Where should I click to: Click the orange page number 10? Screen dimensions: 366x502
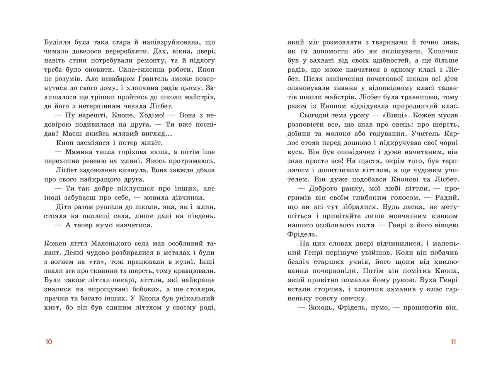tap(48, 342)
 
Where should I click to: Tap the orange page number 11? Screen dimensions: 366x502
tap(453, 342)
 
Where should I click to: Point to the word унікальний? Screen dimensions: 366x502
tap(193, 299)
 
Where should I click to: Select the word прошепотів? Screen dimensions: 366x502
tap(423, 308)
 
